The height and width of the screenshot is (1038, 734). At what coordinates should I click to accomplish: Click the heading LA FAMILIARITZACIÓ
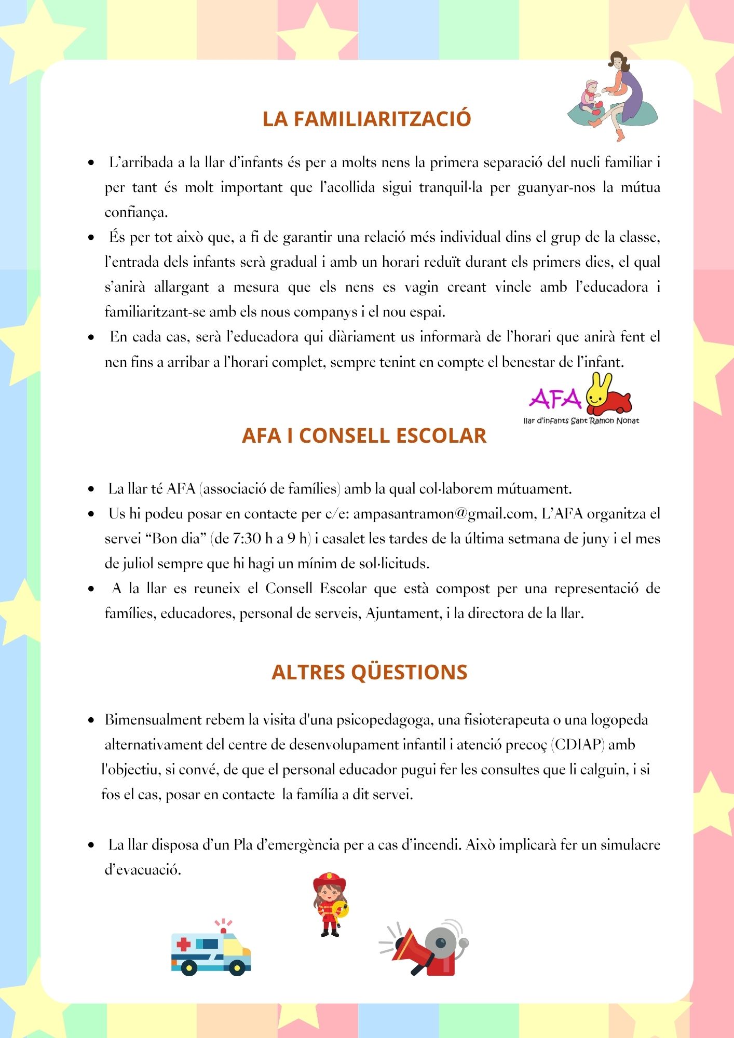366,119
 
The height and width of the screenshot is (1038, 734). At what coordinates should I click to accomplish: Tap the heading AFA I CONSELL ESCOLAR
364,436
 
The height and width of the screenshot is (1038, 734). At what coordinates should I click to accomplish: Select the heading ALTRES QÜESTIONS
369,672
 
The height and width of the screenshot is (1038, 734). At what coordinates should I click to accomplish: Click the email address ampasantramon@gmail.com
444,514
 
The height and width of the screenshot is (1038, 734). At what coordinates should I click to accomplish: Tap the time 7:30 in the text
247,539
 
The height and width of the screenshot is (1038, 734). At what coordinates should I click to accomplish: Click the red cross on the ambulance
184,944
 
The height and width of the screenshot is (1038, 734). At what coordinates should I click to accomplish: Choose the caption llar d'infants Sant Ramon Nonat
581,421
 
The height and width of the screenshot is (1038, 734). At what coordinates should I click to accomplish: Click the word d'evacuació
143,870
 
